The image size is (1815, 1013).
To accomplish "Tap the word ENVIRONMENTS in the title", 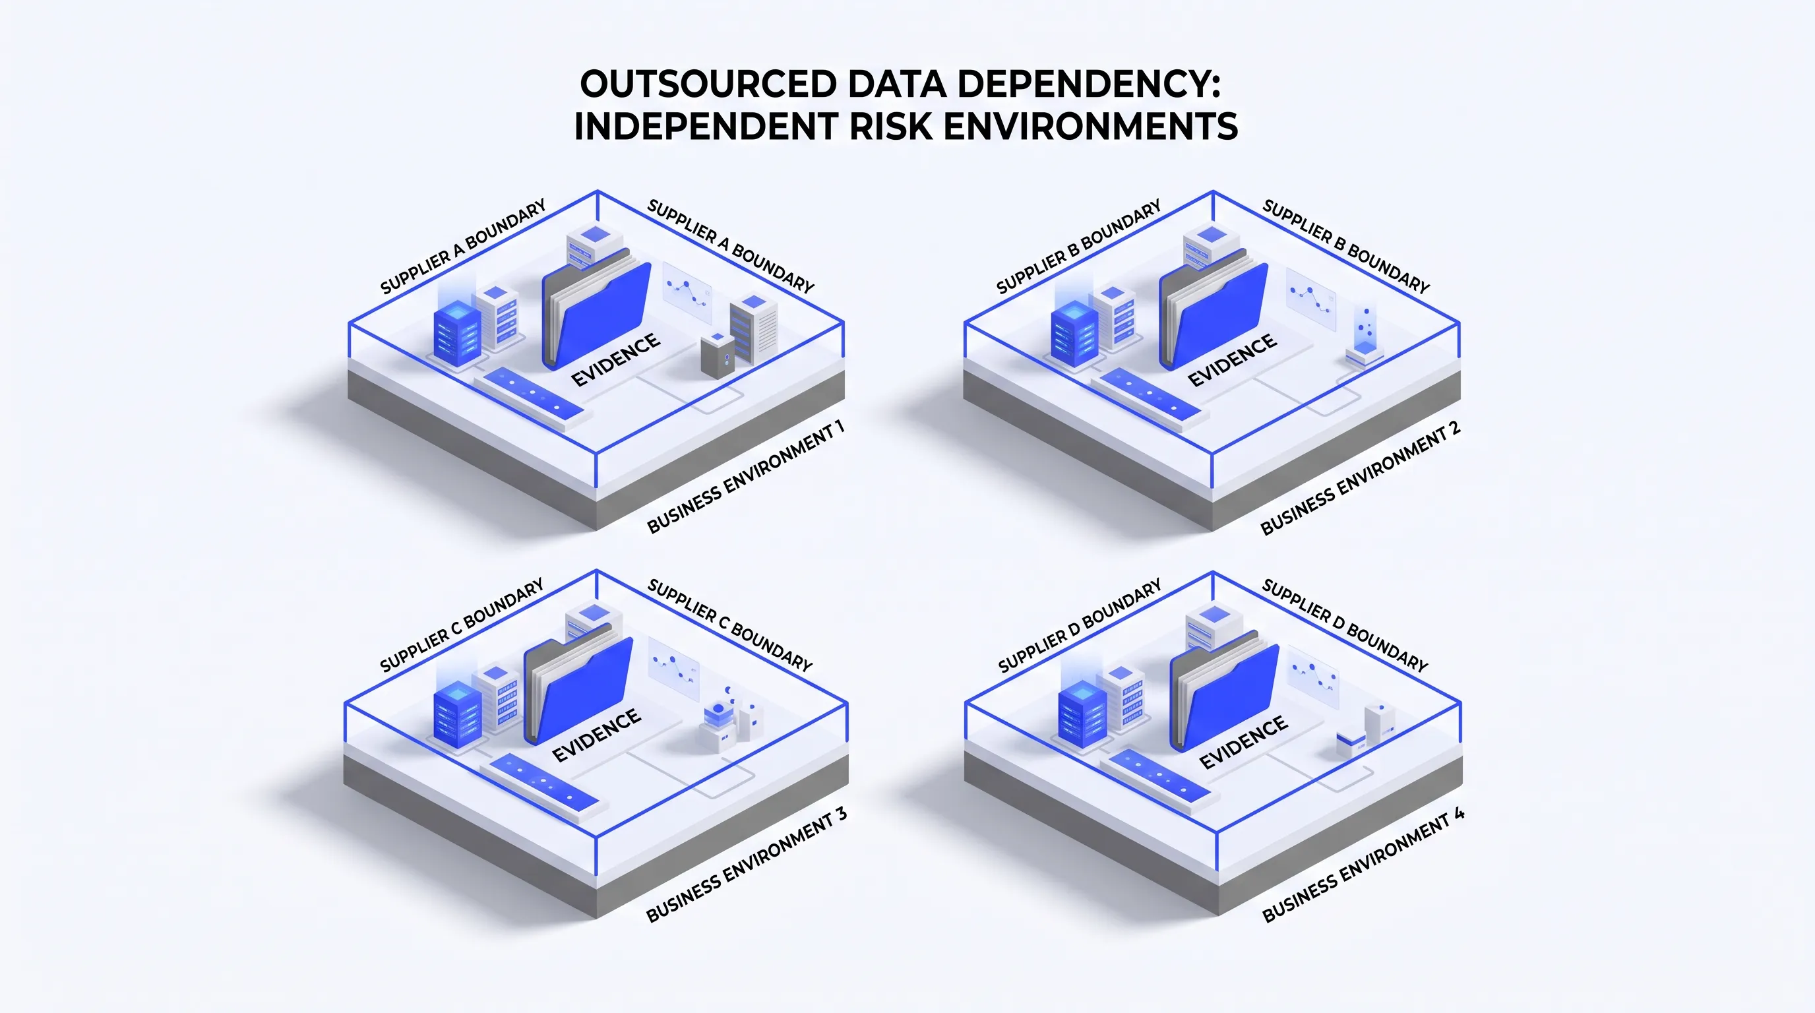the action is [x=1090, y=127].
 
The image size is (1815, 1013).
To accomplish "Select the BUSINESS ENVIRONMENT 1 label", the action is [x=745, y=477].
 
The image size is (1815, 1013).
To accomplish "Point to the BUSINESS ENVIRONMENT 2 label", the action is [x=1360, y=478].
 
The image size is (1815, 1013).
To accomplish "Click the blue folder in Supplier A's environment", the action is [x=597, y=309].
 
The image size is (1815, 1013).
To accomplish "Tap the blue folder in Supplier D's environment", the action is [x=1225, y=691].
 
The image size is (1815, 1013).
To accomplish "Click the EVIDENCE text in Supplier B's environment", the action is [x=1231, y=359].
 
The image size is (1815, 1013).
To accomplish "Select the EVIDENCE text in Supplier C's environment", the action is [x=596, y=735].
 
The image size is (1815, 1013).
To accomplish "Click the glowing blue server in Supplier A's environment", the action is [x=457, y=332].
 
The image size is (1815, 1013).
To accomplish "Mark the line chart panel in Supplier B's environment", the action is [x=1310, y=299].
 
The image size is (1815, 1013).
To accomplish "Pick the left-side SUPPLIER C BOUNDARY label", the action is [x=462, y=625].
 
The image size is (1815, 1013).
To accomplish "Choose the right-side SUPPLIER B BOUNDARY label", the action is [x=1345, y=247].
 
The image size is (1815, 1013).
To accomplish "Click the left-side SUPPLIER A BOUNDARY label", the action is [x=463, y=247].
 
